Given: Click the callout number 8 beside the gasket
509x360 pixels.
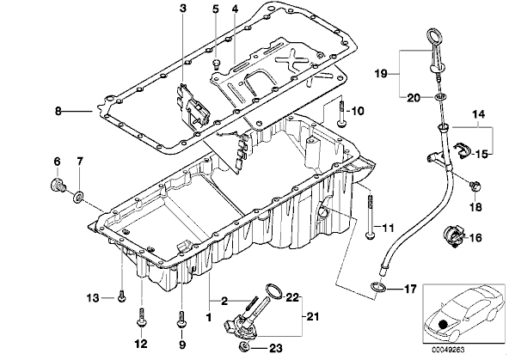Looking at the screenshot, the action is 58,111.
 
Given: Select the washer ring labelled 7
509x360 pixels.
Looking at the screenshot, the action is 79,196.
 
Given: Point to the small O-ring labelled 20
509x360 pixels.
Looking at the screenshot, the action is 439,96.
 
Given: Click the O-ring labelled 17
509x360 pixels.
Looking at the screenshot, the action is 377,286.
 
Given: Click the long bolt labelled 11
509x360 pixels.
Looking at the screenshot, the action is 369,216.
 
